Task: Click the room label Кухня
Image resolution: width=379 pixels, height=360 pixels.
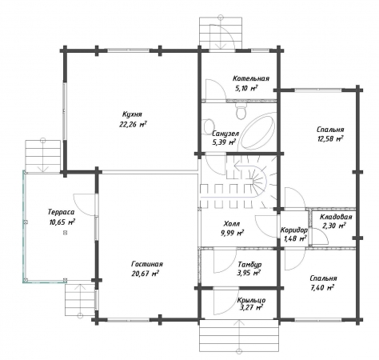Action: (x=132, y=114)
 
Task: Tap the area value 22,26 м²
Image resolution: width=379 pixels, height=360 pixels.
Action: (x=133, y=125)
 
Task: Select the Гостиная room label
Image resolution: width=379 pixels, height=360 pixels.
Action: (x=147, y=264)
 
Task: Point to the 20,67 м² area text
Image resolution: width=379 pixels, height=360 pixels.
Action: (x=146, y=274)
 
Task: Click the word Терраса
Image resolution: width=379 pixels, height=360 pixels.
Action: (x=62, y=212)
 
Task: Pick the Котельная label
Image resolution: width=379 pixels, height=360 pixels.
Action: (x=251, y=78)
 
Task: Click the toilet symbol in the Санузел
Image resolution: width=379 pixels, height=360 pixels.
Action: (x=241, y=111)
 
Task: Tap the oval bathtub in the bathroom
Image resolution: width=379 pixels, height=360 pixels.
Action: (x=258, y=130)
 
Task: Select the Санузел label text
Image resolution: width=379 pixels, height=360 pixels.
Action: (x=225, y=134)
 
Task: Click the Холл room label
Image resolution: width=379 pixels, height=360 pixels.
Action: (x=232, y=223)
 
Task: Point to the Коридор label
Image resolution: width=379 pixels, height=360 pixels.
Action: (x=294, y=230)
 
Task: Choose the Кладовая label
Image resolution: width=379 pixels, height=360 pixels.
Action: (x=336, y=217)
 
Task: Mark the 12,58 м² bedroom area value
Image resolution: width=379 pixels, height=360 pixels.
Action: (x=329, y=139)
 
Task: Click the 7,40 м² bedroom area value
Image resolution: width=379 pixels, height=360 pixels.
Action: (x=322, y=288)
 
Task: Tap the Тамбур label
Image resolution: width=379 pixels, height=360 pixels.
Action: (x=249, y=264)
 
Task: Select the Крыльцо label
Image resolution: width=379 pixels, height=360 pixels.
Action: (x=251, y=301)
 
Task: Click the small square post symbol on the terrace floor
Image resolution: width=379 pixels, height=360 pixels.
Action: (x=65, y=233)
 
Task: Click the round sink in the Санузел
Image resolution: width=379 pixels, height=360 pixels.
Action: (x=208, y=126)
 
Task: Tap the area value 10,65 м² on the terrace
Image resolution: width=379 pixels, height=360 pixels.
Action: (x=62, y=222)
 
